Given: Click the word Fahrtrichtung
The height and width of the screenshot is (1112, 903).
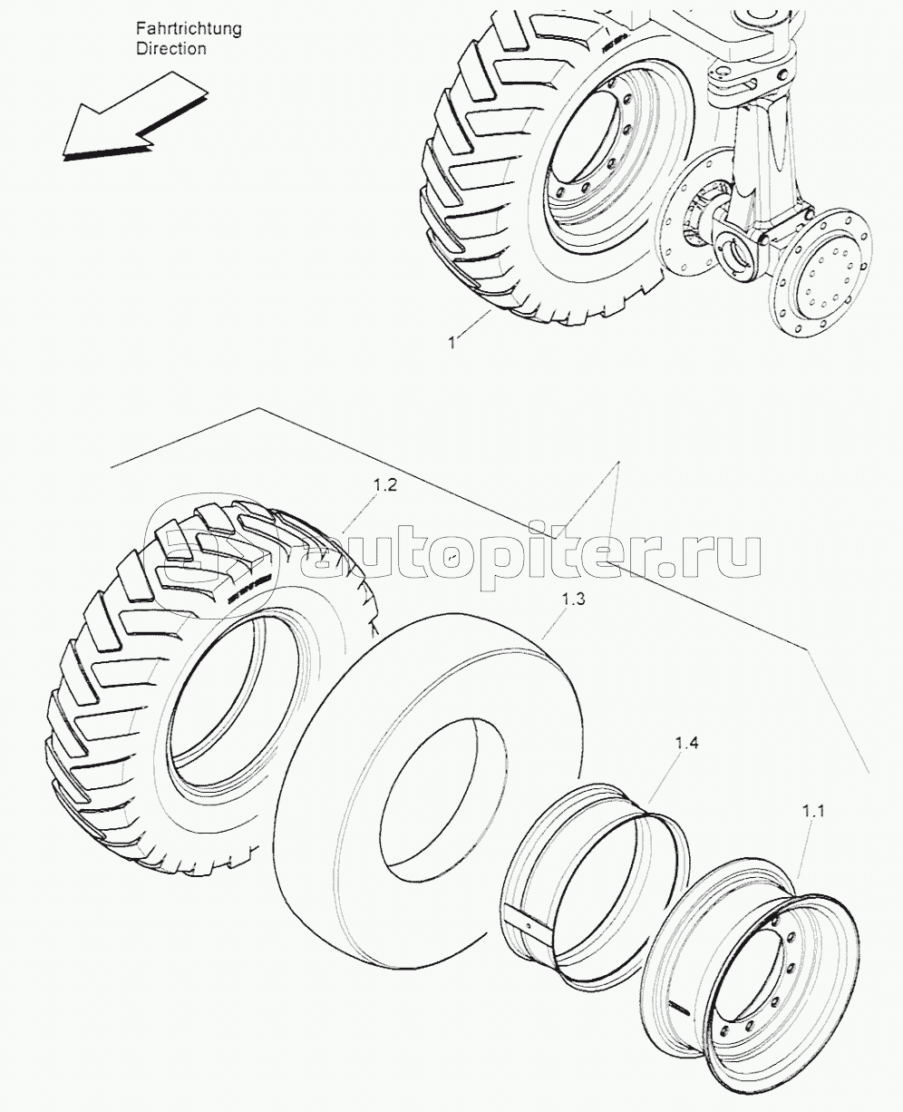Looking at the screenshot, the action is tap(189, 29).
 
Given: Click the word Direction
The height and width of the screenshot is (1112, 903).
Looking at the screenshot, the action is tap(171, 49).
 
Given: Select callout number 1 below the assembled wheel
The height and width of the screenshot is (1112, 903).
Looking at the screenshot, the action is tap(451, 343).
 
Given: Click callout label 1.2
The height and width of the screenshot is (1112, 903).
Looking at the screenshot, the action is tap(385, 485).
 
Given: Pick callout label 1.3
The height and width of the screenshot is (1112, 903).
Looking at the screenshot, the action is tap(573, 599).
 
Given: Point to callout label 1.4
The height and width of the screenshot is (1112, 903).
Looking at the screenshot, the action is tap(686, 743).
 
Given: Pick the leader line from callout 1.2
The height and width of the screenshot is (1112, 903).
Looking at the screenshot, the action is tap(361, 513).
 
